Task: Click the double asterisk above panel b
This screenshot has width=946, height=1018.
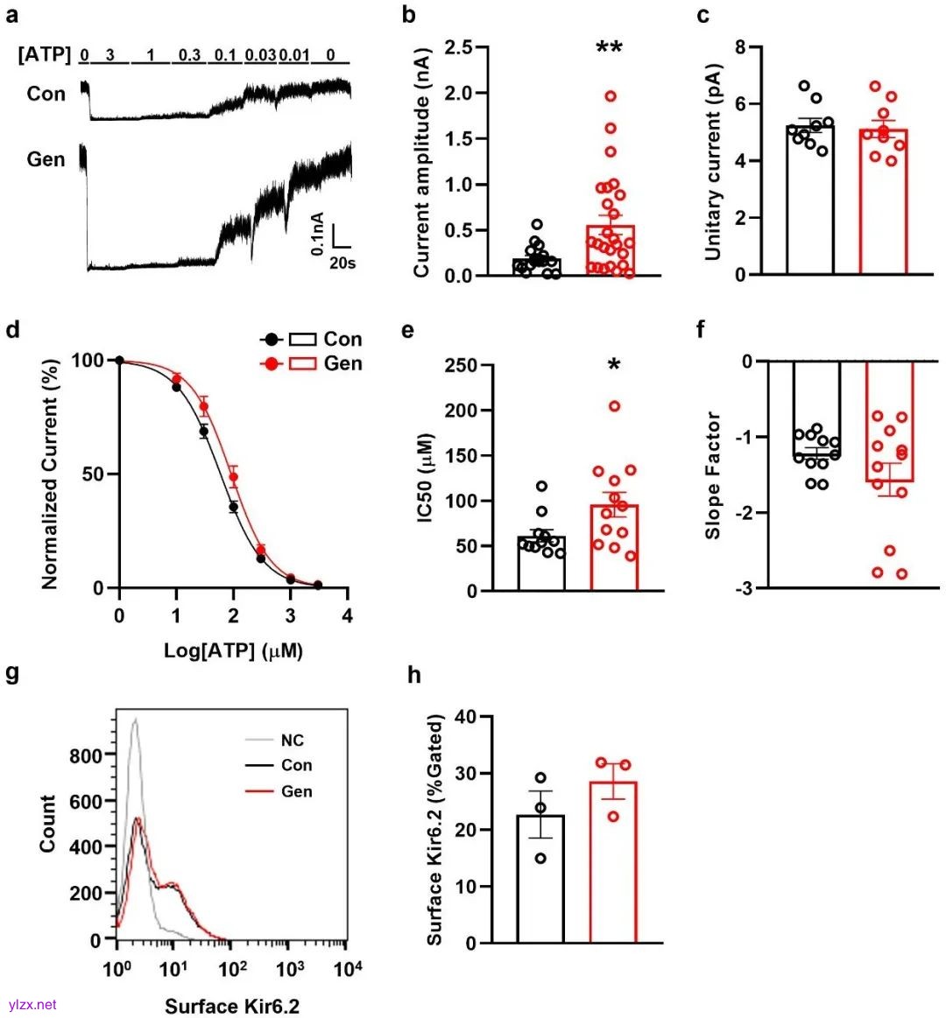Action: (x=609, y=48)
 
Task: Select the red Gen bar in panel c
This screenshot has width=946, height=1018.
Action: (x=883, y=201)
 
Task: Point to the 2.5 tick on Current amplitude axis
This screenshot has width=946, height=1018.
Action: (x=459, y=47)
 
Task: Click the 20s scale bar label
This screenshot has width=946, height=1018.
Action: (x=342, y=262)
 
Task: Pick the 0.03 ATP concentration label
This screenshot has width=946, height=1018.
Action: (x=260, y=56)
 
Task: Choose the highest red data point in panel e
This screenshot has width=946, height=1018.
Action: (x=614, y=406)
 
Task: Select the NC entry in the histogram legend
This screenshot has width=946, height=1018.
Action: (x=293, y=741)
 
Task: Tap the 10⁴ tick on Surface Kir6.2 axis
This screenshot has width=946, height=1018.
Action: (x=348, y=970)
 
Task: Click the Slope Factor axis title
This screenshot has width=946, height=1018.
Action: (x=713, y=474)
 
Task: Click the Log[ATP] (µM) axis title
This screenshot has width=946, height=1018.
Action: (x=233, y=651)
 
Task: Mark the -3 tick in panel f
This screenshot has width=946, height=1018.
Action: (x=745, y=588)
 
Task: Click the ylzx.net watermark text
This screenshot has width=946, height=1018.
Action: (x=32, y=1004)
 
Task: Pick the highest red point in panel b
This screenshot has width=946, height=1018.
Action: (x=611, y=96)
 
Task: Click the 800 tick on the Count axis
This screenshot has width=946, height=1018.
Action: (x=85, y=755)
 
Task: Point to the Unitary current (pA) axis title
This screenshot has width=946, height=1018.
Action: (x=713, y=162)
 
